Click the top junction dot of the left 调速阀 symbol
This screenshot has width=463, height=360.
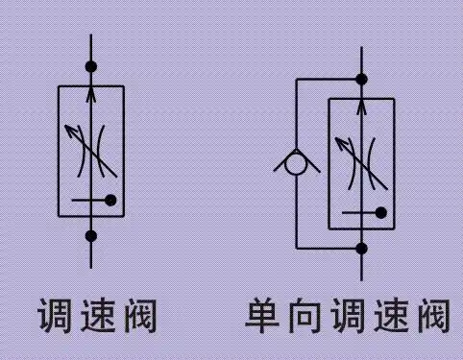click(x=91, y=67)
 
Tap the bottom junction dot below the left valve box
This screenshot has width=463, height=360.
click(x=91, y=235)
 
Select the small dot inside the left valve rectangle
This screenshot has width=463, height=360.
click(x=111, y=200)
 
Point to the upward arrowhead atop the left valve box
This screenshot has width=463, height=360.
click(x=91, y=93)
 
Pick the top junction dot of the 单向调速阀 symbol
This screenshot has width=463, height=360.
click(x=362, y=79)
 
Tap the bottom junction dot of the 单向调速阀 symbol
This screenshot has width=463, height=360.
click(x=362, y=248)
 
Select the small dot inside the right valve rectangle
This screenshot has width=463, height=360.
click(x=381, y=212)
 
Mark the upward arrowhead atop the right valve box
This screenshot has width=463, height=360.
click(x=362, y=105)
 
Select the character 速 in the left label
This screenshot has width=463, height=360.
click(x=98, y=315)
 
